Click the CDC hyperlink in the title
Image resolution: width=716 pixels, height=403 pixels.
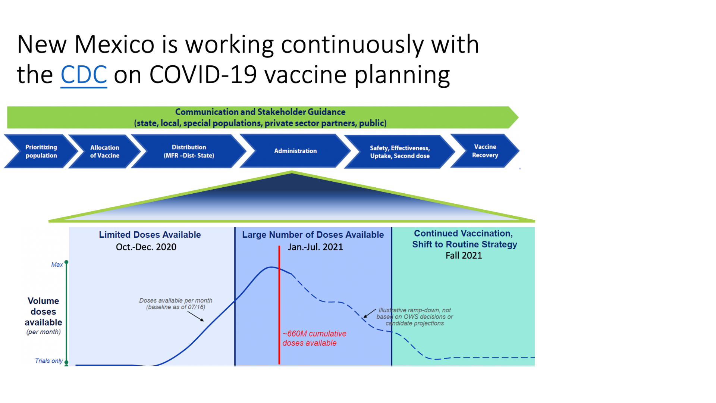click(x=84, y=75)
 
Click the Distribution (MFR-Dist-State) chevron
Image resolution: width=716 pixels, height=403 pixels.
click(x=189, y=151)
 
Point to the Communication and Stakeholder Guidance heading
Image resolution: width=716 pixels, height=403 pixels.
click(x=260, y=112)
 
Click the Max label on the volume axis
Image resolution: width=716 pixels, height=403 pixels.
click(x=57, y=265)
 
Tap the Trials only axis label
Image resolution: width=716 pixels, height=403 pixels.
click(x=49, y=361)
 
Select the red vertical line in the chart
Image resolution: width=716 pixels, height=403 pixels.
click(x=279, y=305)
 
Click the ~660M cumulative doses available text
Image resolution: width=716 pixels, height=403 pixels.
click(x=314, y=338)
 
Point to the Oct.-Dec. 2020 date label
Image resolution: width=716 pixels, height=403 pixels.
click(x=146, y=247)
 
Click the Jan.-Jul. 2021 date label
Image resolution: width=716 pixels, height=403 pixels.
click(x=315, y=247)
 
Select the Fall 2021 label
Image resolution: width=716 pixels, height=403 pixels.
click(x=464, y=256)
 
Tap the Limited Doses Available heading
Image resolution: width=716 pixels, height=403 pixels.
click(x=150, y=235)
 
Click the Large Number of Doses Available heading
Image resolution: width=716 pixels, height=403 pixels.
click(x=313, y=235)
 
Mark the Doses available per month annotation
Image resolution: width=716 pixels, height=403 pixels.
click(x=176, y=304)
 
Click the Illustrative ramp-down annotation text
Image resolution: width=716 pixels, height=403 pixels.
click(x=415, y=317)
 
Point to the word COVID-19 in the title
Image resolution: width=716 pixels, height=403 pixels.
click(x=203, y=75)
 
